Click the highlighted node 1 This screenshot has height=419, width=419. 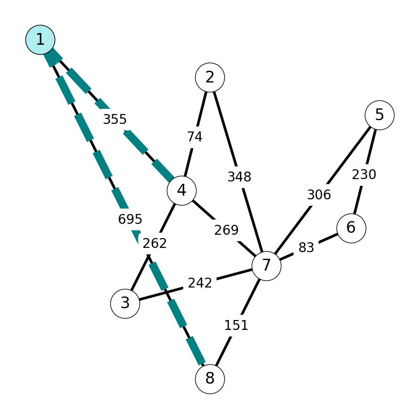(x=41, y=40)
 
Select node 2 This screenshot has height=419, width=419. (x=210, y=77)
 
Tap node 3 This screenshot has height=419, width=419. (x=125, y=304)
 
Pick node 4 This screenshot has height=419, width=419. (x=182, y=190)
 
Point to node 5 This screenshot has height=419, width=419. (x=379, y=115)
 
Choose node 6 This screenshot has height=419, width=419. (x=351, y=228)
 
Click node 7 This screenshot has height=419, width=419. (x=266, y=266)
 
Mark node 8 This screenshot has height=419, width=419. (x=210, y=379)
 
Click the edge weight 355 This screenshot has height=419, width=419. (x=115, y=119)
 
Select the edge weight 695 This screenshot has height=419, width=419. (x=130, y=219)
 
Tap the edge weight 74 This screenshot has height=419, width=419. (x=195, y=137)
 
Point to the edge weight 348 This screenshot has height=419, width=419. (x=239, y=177)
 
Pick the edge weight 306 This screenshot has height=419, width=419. (x=319, y=195)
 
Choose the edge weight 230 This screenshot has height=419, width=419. (x=364, y=175)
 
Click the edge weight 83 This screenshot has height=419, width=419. (x=306, y=248)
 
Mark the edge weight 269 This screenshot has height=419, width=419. (x=226, y=230)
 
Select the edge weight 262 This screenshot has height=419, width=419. (x=155, y=243)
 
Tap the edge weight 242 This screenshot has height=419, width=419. (x=200, y=283)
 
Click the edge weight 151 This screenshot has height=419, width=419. (x=236, y=325)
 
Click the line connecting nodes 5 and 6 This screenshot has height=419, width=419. (x=365, y=172)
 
